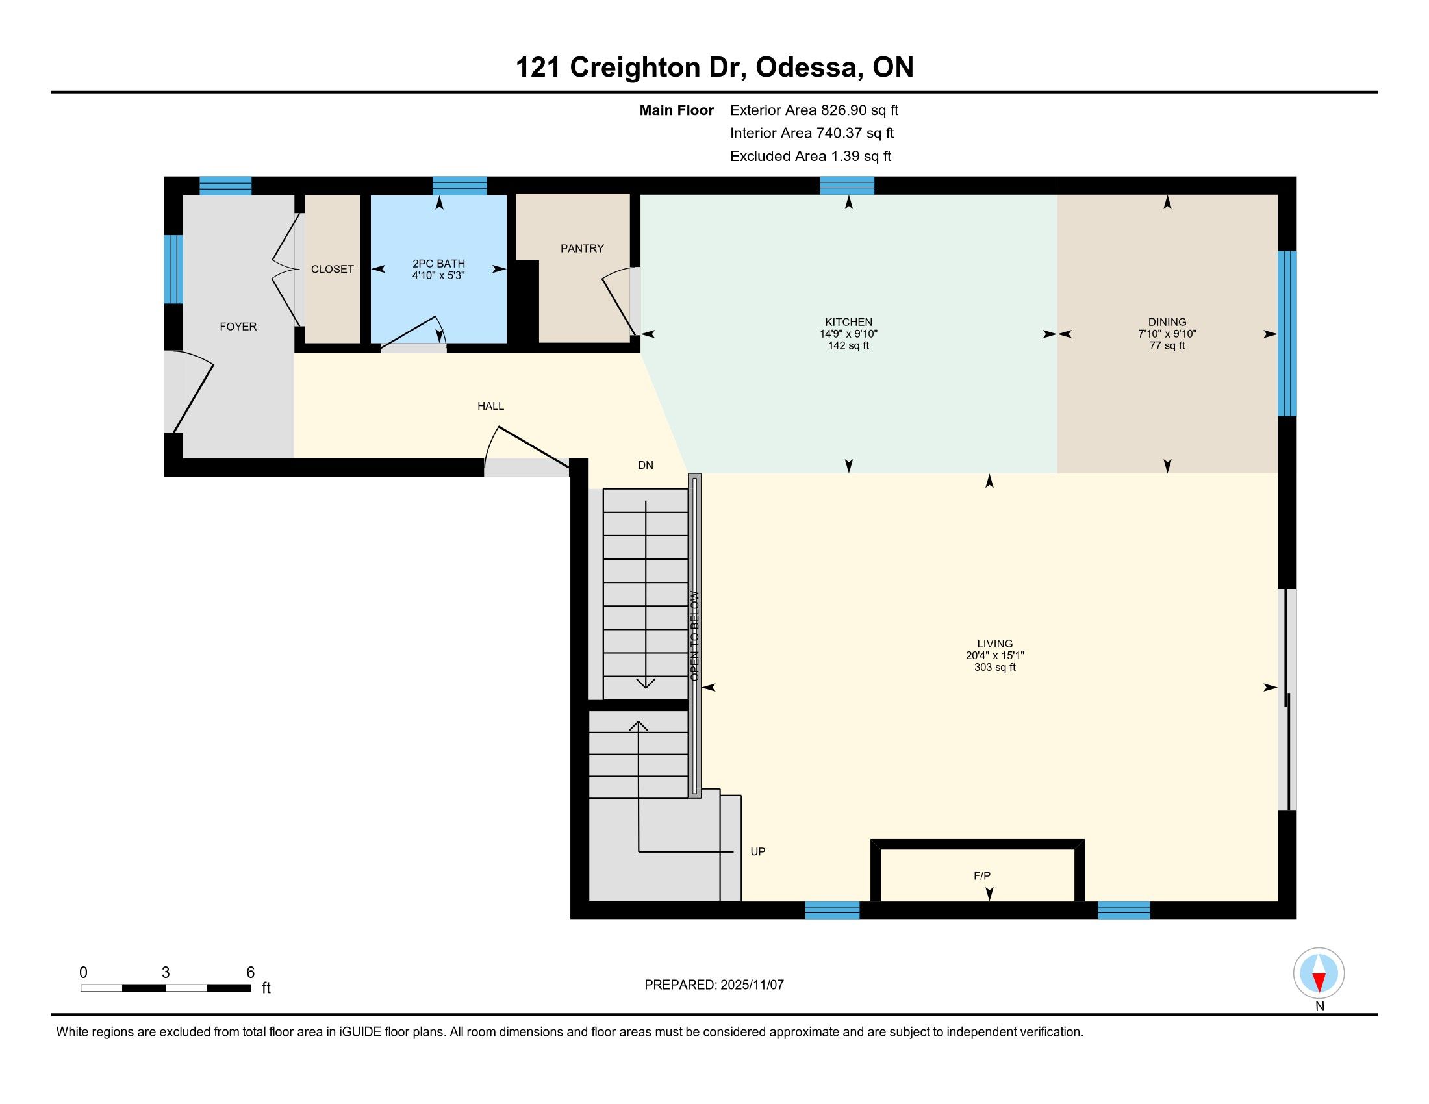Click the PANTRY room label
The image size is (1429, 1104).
pos(582,249)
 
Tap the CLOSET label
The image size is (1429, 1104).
pos(333,270)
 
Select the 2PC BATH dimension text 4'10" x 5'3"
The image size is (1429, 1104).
pos(438,275)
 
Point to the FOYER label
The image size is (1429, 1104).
pos(238,327)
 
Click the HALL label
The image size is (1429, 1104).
pos(490,406)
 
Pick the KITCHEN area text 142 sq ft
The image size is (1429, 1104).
pos(849,345)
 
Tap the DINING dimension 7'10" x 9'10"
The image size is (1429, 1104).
pos(1167,334)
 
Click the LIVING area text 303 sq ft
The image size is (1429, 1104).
pos(994,667)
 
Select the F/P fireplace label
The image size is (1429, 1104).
pos(982,876)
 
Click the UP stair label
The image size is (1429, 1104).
pos(757,851)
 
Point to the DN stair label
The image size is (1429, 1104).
pos(646,465)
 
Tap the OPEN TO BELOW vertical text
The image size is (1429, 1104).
pos(695,636)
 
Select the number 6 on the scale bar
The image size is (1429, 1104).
pos(250,973)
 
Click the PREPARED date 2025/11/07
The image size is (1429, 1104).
pos(752,985)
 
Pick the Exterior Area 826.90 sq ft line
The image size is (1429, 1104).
pos(814,110)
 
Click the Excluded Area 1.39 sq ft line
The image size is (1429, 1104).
pos(811,157)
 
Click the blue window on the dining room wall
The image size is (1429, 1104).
pos(1287,334)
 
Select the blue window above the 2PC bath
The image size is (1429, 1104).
pos(459,186)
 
